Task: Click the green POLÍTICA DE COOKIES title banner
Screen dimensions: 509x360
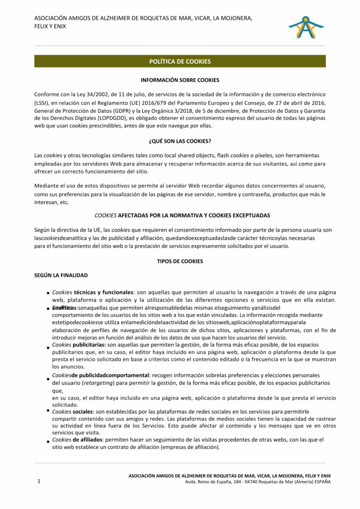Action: pyautogui.click(x=180, y=62)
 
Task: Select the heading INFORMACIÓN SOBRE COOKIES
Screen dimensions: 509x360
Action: pyautogui.click(x=180, y=80)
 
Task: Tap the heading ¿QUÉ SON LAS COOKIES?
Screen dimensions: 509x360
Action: pyautogui.click(x=180, y=141)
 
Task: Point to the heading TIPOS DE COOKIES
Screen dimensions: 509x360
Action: pyautogui.click(x=180, y=261)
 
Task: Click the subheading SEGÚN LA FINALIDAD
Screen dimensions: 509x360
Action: pyautogui.click(x=61, y=275)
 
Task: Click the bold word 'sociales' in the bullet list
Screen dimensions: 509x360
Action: pyautogui.click(x=83, y=412)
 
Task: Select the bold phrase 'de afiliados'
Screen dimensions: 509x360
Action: pyautogui.click(x=88, y=440)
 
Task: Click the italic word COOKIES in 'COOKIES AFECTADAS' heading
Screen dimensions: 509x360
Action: pyautogui.click(x=105, y=216)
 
